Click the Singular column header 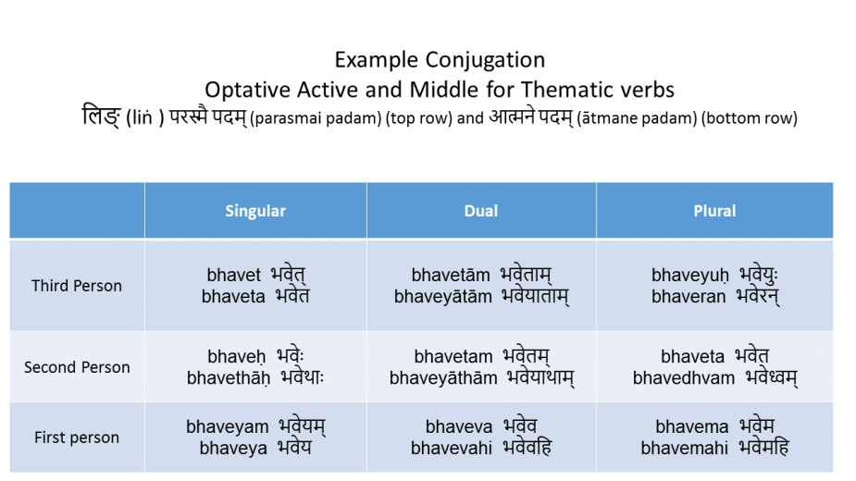pyautogui.click(x=255, y=211)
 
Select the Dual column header pyautogui.click(x=481, y=211)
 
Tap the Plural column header pyautogui.click(x=714, y=211)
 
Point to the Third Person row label pyautogui.click(x=77, y=286)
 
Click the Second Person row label pyautogui.click(x=77, y=367)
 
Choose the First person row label pyautogui.click(x=77, y=438)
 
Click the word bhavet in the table pyautogui.click(x=233, y=275)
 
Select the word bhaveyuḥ pyautogui.click(x=690, y=275)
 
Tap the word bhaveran pyautogui.click(x=689, y=296)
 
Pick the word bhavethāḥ pyautogui.click(x=229, y=377)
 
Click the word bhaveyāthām pyautogui.click(x=443, y=377)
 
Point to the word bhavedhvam pyautogui.click(x=684, y=377)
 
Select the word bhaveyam pyautogui.click(x=227, y=427)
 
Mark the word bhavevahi pyautogui.click(x=452, y=449)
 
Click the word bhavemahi pyautogui.click(x=684, y=449)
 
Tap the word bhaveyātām pyautogui.click(x=442, y=296)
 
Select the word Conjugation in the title pyautogui.click(x=485, y=60)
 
